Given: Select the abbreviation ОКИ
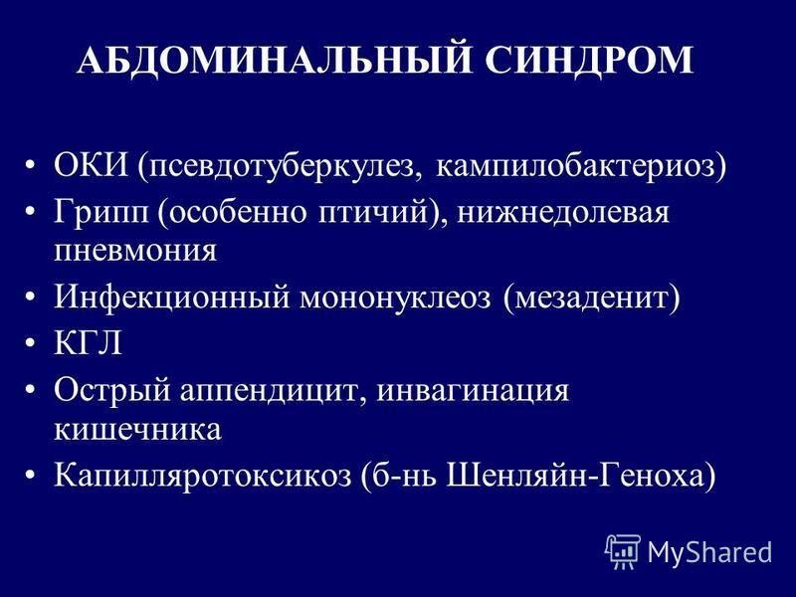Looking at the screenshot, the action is pos(92,165).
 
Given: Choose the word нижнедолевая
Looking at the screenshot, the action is pos(563,212).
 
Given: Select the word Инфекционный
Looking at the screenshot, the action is pos(171,297).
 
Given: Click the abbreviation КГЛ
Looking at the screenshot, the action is pos(89,342).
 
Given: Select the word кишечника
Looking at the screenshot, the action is pos(137,430).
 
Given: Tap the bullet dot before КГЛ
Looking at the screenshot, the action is pos(31,342).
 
